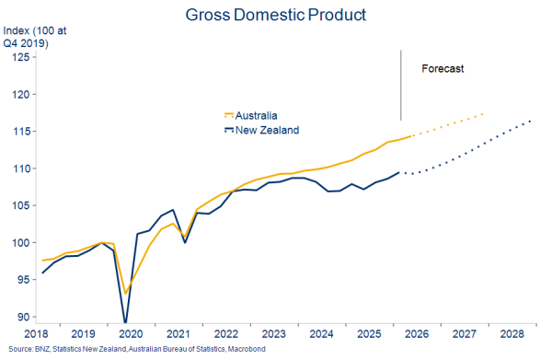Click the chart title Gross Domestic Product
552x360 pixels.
[x=276, y=15]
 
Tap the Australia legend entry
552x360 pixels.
[x=251, y=115]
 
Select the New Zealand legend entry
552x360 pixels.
[x=262, y=130]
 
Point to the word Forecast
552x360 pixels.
[x=443, y=68]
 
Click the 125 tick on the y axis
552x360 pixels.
[x=21, y=57]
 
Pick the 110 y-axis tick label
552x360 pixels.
[x=21, y=168]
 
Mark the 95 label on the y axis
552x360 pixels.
[x=24, y=280]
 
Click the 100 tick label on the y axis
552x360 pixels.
[x=21, y=243]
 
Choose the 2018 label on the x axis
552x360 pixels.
[x=36, y=334]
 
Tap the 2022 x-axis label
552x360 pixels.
[x=226, y=334]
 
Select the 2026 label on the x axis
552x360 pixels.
[x=417, y=334]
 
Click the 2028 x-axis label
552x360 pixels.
[x=512, y=334]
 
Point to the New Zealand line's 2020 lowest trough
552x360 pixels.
[x=125, y=322]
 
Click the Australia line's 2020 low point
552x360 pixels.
[x=125, y=294]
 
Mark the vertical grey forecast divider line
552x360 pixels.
[x=400, y=86]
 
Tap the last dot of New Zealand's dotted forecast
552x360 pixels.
[x=530, y=122]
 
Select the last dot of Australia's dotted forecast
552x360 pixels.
[x=483, y=114]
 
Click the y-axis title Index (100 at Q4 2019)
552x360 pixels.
[x=35, y=37]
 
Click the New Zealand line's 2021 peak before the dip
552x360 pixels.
[x=173, y=210]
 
